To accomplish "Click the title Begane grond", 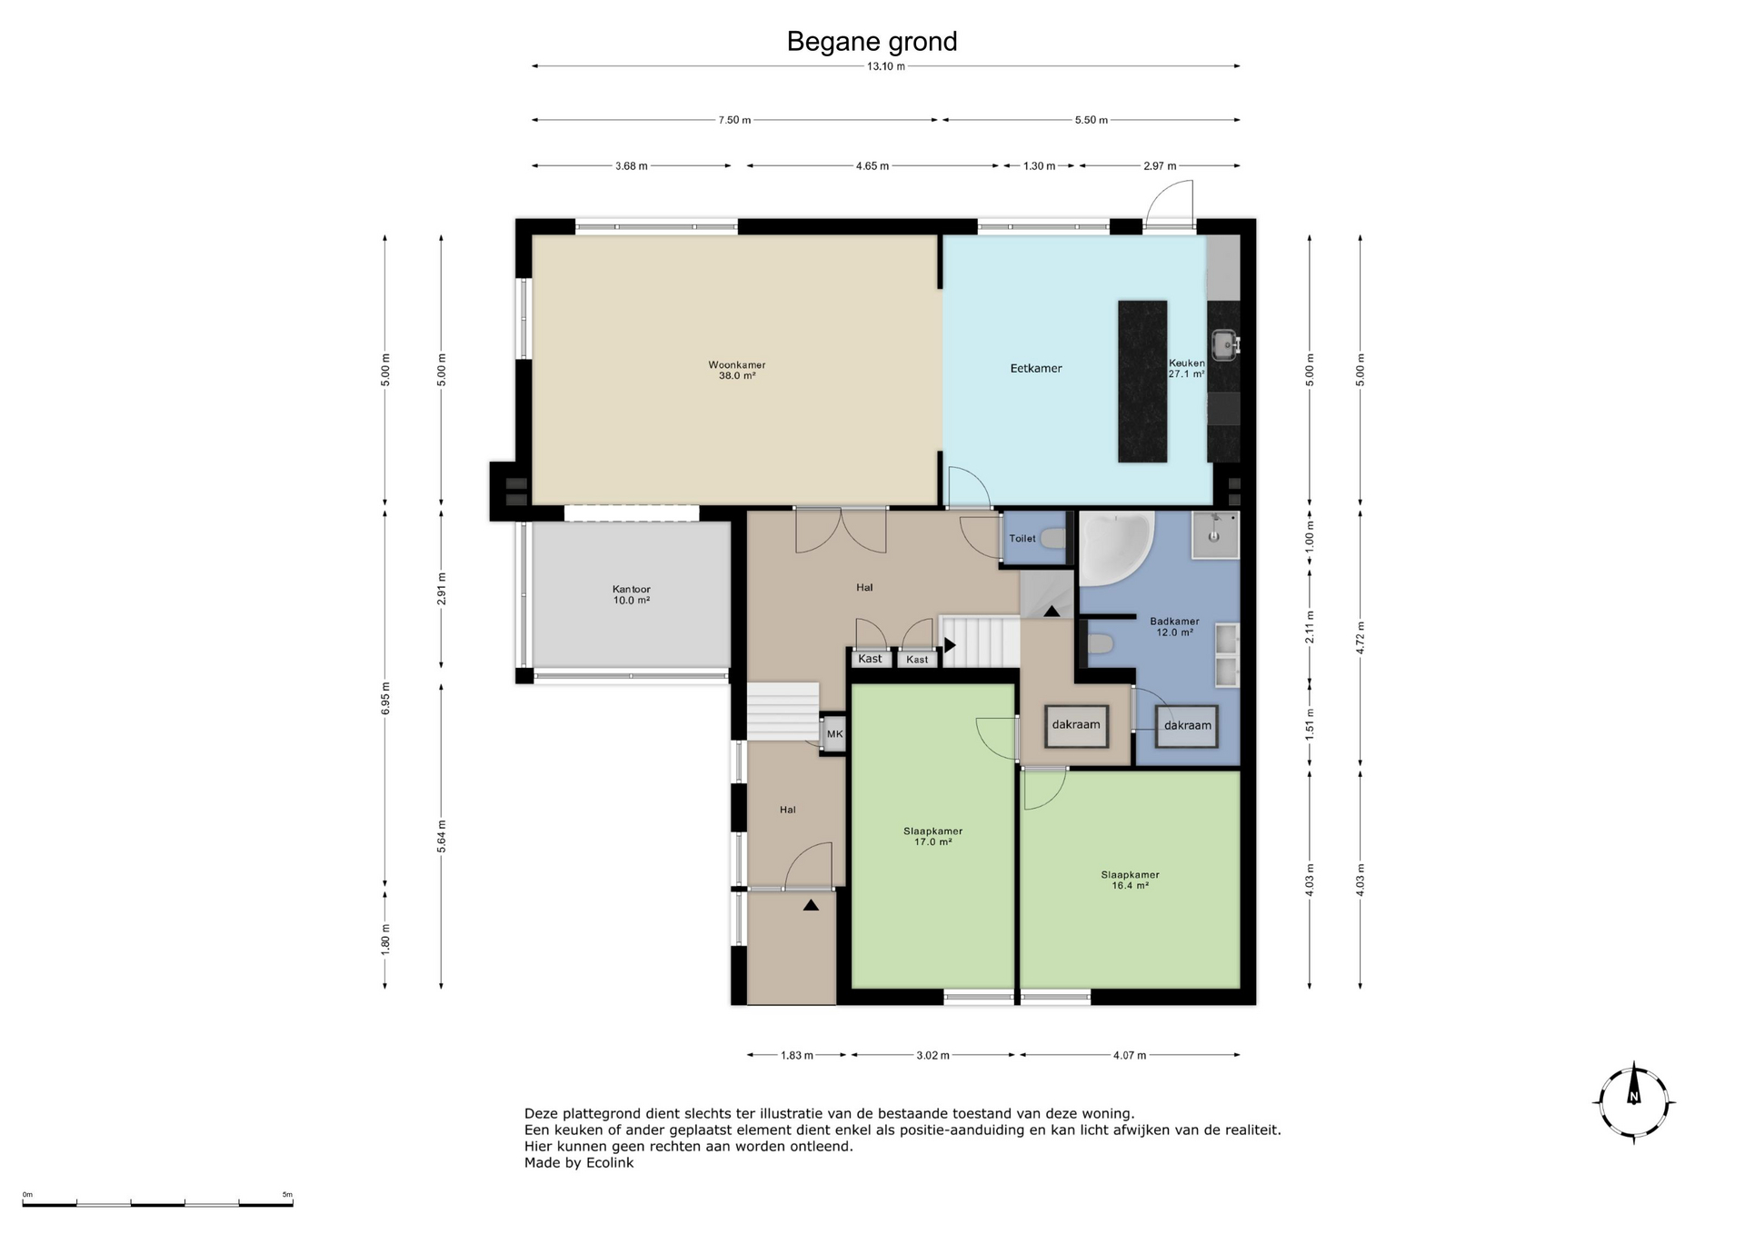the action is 872,42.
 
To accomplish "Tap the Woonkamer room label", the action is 737,370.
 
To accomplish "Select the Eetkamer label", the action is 1036,368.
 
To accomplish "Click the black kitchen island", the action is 1142,382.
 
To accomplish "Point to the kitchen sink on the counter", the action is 1225,344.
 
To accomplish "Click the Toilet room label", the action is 1022,539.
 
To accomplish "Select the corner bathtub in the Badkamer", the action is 1116,548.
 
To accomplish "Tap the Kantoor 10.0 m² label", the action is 632,594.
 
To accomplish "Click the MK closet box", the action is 834,734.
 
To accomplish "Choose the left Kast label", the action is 871,659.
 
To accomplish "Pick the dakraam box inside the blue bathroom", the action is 1187,726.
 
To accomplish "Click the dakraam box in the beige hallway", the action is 1076,725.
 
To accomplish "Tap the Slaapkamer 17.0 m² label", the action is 933,836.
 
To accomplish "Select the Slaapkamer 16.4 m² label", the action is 1130,880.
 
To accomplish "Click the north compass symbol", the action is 1634,1102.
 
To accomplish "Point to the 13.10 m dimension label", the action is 885,66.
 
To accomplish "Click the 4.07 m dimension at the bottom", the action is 1129,1055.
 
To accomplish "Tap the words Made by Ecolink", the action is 579,1162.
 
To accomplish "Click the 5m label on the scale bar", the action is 287,1195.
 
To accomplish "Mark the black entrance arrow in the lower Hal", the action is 811,905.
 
